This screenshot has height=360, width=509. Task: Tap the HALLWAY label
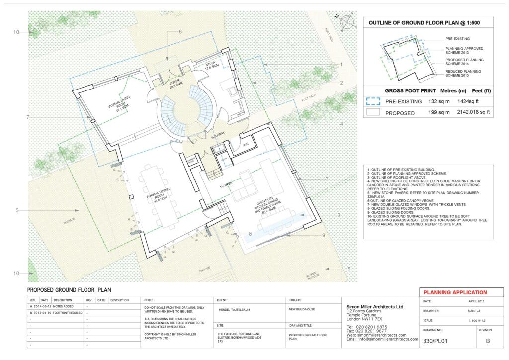(x=218, y=134)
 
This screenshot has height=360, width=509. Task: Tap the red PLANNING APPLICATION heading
(x=455, y=292)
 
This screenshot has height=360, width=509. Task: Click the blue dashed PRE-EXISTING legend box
(x=373, y=101)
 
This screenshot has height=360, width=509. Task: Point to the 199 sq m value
(x=439, y=112)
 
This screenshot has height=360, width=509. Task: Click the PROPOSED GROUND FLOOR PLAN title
(x=69, y=290)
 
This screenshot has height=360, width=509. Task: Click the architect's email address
(x=382, y=339)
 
